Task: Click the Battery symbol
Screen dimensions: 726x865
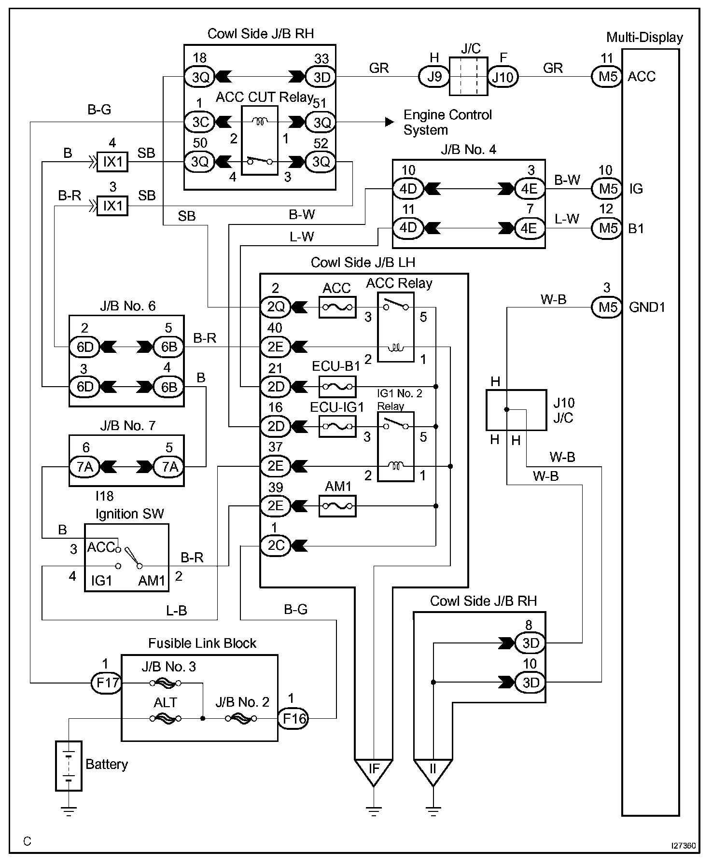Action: [x=69, y=766]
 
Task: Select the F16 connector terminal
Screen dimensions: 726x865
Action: [x=293, y=718]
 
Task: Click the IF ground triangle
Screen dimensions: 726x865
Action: [x=374, y=773]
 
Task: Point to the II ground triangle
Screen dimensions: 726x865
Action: [x=433, y=773]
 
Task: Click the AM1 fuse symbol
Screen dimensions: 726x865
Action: [x=338, y=506]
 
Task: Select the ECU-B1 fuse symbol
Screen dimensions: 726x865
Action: [x=338, y=387]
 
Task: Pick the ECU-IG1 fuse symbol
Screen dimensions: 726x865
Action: [x=338, y=427]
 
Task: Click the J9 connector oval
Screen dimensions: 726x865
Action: [x=434, y=77]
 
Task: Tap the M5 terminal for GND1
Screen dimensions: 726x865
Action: [x=607, y=307]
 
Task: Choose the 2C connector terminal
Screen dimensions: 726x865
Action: [x=276, y=545]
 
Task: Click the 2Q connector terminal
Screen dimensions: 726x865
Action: [x=276, y=307]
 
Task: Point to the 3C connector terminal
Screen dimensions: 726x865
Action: [x=199, y=122]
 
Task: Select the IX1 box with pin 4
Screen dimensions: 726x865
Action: [x=112, y=162]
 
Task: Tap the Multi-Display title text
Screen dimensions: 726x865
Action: [x=644, y=38]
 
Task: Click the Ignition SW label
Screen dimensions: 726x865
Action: [x=129, y=514]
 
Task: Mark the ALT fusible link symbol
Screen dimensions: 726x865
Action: [x=165, y=718]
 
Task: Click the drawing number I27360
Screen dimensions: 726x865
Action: [x=683, y=846]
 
